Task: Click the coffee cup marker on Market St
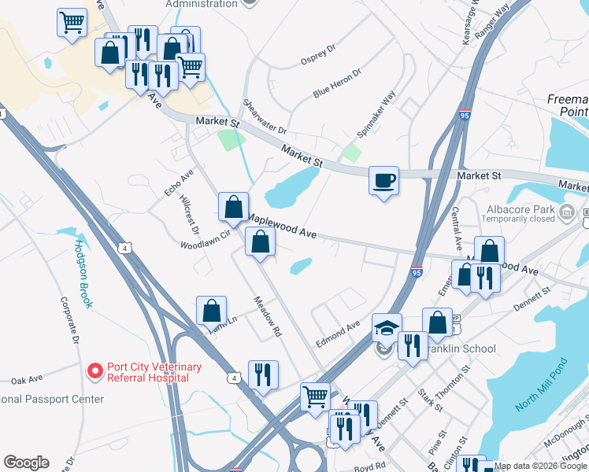[383, 181]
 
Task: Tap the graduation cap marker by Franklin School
[387, 328]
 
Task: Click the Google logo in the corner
[26, 463]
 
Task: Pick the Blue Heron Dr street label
[336, 83]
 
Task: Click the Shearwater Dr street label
[265, 117]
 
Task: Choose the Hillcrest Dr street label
[189, 214]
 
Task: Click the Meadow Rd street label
[267, 316]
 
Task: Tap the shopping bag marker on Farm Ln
[212, 311]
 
